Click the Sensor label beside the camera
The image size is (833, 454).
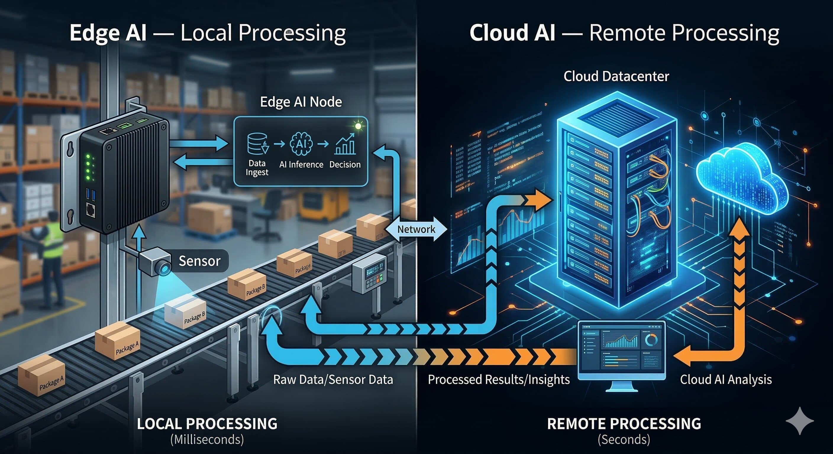pyautogui.click(x=199, y=261)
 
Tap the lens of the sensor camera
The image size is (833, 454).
pyautogui.click(x=165, y=268)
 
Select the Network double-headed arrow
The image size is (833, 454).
pyautogui.click(x=416, y=229)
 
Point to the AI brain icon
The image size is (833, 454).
pyautogui.click(x=301, y=143)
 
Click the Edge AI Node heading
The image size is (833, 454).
pyautogui.click(x=301, y=102)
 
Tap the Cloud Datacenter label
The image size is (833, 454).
pyautogui.click(x=616, y=76)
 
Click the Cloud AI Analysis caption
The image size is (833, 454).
pyautogui.click(x=726, y=379)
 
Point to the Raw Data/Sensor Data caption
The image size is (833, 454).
pyautogui.click(x=333, y=379)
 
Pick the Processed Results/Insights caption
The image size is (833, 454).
pyautogui.click(x=499, y=379)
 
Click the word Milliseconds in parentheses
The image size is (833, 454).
pyautogui.click(x=207, y=440)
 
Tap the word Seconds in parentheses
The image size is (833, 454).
pyautogui.click(x=624, y=440)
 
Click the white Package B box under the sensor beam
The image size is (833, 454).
pyautogui.click(x=185, y=312)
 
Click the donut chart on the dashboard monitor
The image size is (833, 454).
pyautogui.click(x=650, y=340)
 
